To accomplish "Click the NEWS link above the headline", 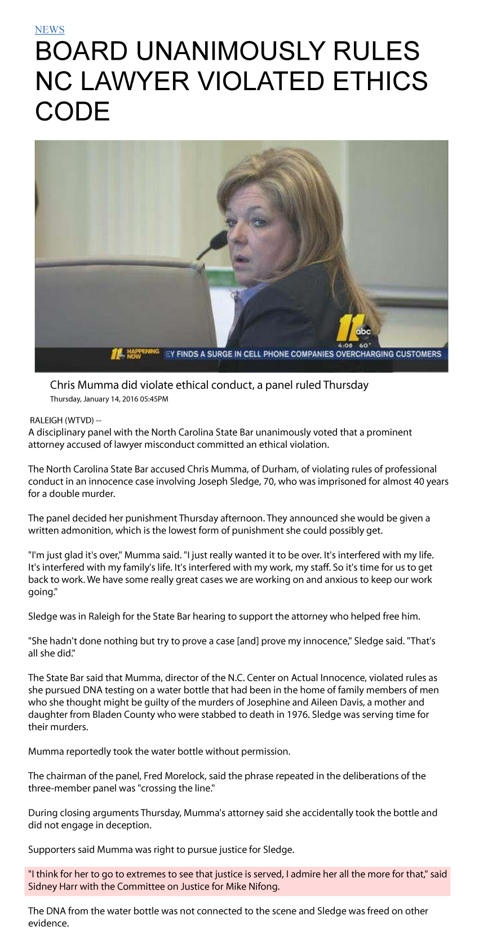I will [50, 30].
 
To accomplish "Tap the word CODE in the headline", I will [72, 111].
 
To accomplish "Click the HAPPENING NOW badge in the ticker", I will [136, 354].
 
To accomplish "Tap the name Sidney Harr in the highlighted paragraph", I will [54, 886].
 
